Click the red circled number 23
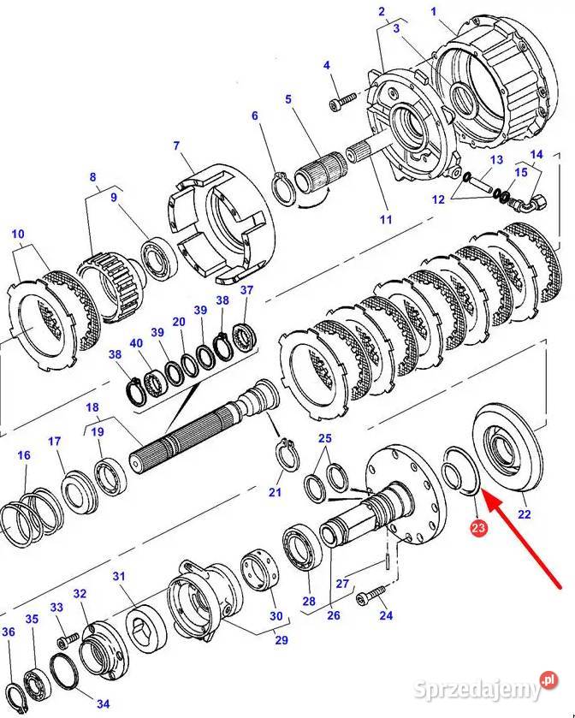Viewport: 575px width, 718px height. click(x=477, y=527)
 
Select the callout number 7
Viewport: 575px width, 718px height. click(x=176, y=145)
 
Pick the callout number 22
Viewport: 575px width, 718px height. click(x=525, y=514)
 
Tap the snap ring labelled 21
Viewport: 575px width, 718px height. click(x=287, y=454)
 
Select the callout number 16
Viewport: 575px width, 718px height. click(x=24, y=455)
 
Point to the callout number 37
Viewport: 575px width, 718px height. click(x=246, y=290)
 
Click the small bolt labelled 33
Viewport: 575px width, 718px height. click(x=68, y=640)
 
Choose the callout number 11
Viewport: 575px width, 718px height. click(x=386, y=219)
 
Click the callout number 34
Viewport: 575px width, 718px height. click(x=103, y=703)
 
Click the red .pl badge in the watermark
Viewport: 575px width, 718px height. click(x=548, y=680)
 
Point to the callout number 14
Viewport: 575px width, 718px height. click(x=536, y=155)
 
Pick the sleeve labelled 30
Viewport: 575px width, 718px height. click(x=259, y=572)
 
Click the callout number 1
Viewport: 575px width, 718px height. click(x=434, y=11)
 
